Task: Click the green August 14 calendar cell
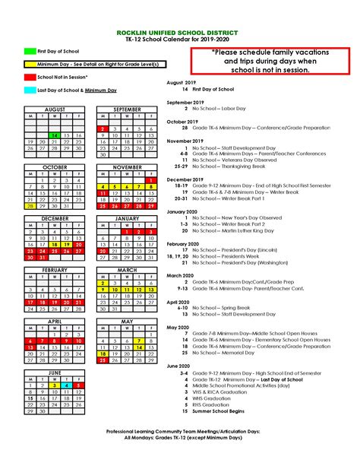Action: (54, 135)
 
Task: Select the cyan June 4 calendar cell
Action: (66, 385)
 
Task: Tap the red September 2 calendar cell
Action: (102, 128)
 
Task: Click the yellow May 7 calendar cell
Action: (139, 341)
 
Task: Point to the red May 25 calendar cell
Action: (102, 361)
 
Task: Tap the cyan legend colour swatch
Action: (29, 90)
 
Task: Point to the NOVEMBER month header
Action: (126, 166)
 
